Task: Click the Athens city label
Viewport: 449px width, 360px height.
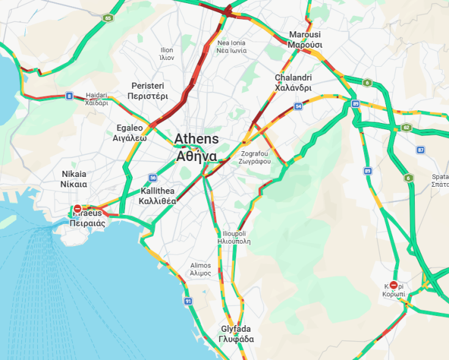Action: [196, 147]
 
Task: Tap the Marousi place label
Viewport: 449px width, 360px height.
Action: [305, 40]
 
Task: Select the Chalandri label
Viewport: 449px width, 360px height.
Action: [293, 83]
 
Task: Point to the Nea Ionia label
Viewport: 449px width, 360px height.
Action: [231, 47]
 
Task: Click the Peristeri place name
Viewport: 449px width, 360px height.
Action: [147, 91]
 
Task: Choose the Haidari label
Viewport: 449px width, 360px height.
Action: [97, 99]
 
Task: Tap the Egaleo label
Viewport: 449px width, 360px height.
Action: [130, 133]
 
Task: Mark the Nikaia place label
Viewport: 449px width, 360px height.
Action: [74, 179]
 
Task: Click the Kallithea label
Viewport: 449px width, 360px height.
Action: [157, 196]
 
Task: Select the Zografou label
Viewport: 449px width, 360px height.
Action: [256, 157]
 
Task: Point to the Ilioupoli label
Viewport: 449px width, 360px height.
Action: [234, 238]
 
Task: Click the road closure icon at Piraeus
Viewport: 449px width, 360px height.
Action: [78, 209]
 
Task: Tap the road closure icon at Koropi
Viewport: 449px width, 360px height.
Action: [393, 285]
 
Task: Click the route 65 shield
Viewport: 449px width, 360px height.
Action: [108, 18]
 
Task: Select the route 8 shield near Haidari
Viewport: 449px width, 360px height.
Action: [69, 96]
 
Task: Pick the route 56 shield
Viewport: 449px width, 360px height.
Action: [153, 178]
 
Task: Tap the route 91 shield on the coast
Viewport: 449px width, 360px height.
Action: [188, 301]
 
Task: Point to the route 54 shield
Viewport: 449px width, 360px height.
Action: [298, 107]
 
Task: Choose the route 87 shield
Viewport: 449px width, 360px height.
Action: [420, 149]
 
